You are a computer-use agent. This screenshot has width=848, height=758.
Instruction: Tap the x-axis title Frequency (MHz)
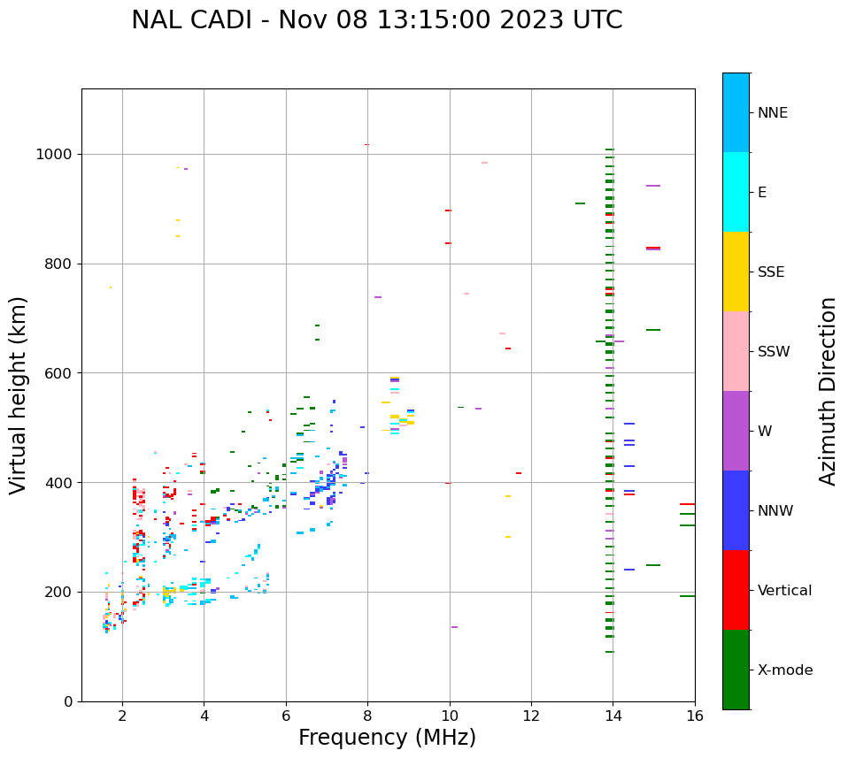coord(387,738)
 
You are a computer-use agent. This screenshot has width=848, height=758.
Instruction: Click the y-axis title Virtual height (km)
coord(19,395)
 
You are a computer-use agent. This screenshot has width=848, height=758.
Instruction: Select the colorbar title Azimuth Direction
coord(828,391)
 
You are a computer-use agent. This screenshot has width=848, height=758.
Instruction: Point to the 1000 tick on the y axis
coord(56,155)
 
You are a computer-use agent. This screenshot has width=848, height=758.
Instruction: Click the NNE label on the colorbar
coord(772,113)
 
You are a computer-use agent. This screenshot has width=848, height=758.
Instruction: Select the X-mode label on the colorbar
coord(785,670)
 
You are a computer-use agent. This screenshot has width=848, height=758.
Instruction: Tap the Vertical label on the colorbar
coord(784,591)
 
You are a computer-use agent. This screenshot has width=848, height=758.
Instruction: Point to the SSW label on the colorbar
coord(774,352)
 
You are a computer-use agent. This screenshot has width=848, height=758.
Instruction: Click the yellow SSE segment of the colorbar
coord(736,272)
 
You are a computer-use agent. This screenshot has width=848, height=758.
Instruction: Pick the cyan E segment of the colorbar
coord(736,192)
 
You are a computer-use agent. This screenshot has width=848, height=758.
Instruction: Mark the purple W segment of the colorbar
coord(736,431)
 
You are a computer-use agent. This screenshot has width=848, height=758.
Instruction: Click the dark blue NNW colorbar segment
coord(736,510)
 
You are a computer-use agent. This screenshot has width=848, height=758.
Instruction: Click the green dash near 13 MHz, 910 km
coord(580,203)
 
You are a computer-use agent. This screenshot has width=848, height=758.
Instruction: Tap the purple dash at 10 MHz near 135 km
coord(454,627)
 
